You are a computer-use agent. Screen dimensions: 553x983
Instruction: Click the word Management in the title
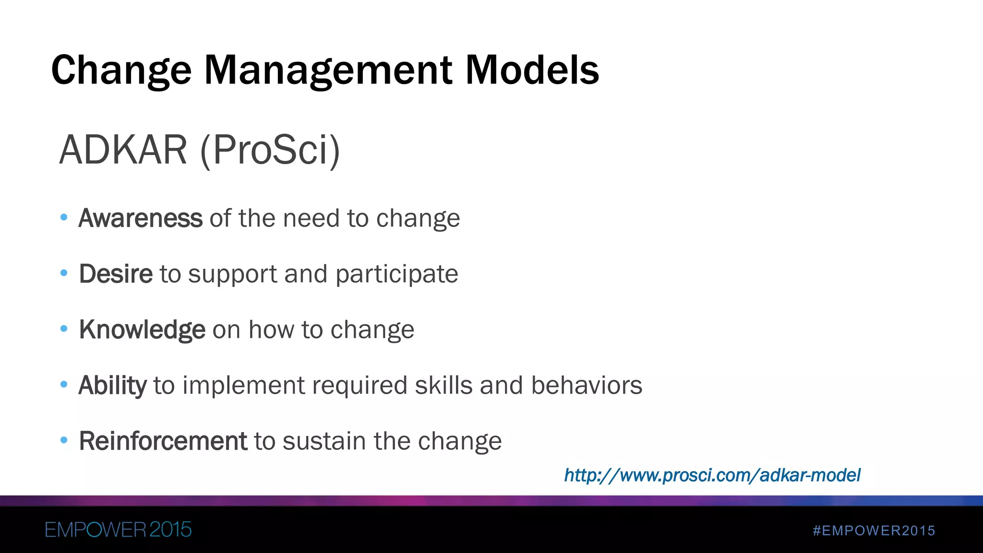click(328, 70)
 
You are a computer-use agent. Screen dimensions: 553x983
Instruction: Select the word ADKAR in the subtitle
click(123, 150)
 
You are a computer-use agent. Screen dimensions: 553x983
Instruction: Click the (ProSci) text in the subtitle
click(270, 150)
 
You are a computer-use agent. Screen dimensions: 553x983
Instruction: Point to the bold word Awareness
click(140, 218)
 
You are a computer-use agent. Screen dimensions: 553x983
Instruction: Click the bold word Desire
click(116, 274)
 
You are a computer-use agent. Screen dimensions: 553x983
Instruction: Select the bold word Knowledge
click(142, 330)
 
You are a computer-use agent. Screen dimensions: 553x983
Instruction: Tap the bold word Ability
click(112, 385)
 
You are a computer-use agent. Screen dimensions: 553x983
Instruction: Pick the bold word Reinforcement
click(163, 441)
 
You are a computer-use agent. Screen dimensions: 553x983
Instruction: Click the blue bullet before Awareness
click(64, 217)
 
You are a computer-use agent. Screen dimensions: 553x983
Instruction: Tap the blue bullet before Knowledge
click(64, 329)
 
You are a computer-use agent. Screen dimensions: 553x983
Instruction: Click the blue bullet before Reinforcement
click(64, 440)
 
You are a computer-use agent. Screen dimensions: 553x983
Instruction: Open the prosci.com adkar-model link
click(712, 475)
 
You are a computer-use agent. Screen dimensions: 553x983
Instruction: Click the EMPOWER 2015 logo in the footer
click(118, 530)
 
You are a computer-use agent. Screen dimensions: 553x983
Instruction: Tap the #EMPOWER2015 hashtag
click(874, 530)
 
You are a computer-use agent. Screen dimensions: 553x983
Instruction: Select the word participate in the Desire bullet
click(396, 275)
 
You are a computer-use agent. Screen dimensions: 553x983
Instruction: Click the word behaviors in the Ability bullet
click(587, 385)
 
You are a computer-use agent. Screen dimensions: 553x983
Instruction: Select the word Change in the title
click(121, 70)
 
